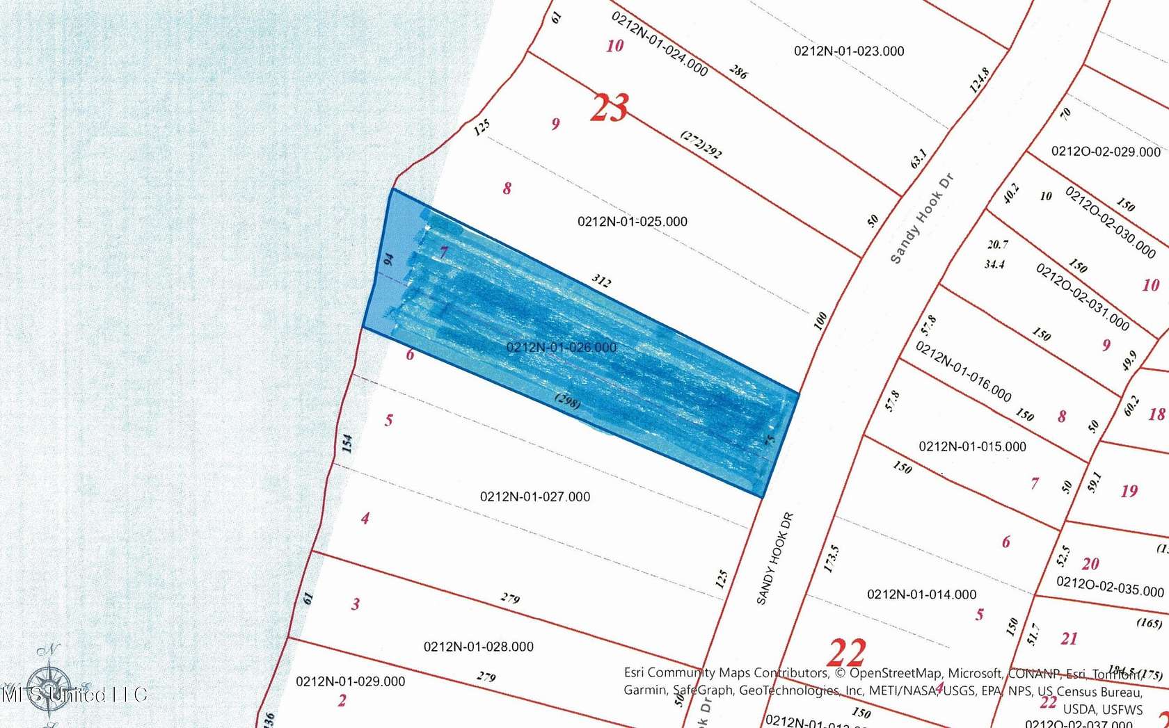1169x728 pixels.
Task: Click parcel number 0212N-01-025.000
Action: (632, 222)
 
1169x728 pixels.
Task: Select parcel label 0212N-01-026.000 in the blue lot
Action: (561, 348)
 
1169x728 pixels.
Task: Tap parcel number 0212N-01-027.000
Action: (534, 497)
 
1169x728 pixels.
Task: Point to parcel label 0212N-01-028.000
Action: (478, 647)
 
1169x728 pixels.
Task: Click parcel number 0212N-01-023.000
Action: (849, 51)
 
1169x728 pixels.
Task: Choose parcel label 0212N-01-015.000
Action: (972, 446)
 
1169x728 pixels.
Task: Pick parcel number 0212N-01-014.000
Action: (921, 594)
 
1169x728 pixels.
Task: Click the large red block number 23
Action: (609, 108)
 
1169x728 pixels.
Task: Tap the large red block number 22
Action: (847, 653)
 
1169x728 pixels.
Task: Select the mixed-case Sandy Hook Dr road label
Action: (921, 218)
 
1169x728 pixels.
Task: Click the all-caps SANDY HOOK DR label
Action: (774, 558)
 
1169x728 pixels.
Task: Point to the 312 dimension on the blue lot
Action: (601, 281)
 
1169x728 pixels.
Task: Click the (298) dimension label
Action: (568, 401)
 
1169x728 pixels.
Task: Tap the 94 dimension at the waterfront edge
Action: (388, 259)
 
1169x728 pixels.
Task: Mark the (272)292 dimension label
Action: (701, 145)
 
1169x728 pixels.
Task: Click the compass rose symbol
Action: (49, 685)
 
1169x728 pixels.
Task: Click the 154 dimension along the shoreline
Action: (347, 443)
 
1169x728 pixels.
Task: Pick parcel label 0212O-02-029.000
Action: (1105, 152)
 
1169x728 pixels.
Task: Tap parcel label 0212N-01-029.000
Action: (350, 681)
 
